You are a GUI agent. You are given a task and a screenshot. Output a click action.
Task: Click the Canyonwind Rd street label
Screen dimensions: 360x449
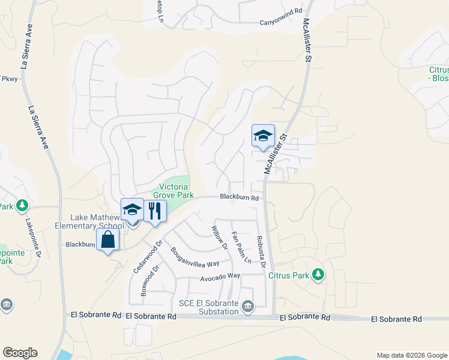click(279, 23)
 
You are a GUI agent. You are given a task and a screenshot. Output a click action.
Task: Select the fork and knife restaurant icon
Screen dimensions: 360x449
click(155, 211)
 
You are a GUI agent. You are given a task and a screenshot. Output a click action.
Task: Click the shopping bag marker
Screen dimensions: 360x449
click(108, 239)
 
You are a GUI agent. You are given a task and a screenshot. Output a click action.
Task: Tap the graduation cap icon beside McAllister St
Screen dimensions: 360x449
click(263, 136)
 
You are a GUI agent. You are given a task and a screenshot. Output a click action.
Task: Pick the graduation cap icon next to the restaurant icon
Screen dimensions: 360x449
click(132, 209)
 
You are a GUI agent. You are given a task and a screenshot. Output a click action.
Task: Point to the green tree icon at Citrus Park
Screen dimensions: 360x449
click(318, 275)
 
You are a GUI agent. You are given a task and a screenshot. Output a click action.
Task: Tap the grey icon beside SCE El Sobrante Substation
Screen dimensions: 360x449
click(248, 308)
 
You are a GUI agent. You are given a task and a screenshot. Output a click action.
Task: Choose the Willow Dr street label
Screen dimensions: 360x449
click(220, 237)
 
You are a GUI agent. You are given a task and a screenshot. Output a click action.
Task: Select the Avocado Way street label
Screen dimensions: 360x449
click(220, 275)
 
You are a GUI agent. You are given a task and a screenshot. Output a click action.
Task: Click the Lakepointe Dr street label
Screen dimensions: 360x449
click(30, 238)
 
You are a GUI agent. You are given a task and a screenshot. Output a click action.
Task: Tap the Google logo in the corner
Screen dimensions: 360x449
click(20, 353)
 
